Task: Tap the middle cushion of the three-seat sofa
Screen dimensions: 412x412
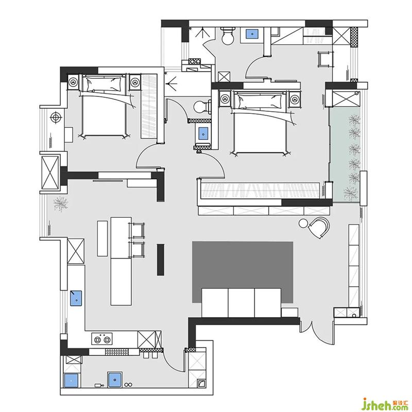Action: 241,303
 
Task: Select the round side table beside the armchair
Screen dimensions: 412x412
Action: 303,223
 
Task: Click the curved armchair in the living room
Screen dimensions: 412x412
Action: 319,227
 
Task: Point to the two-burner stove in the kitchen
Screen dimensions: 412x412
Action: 102,339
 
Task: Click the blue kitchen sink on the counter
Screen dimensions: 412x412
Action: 76,298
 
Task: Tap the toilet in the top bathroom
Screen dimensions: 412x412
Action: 228,36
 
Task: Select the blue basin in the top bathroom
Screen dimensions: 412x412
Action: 252,33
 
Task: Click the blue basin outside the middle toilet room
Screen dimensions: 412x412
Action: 203,133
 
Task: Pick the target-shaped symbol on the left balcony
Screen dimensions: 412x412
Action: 56,117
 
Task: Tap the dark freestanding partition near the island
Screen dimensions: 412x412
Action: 161,260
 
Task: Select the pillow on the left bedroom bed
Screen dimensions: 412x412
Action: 104,84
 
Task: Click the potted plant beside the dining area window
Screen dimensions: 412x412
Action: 61,203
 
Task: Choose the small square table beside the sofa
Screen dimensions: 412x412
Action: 289,313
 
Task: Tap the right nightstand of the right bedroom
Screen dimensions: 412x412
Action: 295,99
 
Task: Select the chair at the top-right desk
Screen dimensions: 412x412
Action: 325,59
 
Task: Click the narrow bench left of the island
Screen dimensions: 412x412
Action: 102,238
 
